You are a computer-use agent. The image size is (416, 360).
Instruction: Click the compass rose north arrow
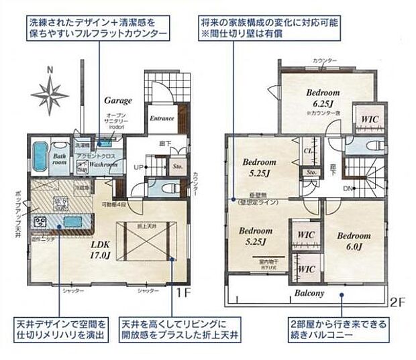pos(50,93)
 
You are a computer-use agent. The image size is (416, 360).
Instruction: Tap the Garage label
pos(117,101)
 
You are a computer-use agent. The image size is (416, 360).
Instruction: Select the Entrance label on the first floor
pos(162,119)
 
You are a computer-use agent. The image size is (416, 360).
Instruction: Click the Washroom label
pos(102,163)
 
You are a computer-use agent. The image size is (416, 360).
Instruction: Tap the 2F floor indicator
pos(397,302)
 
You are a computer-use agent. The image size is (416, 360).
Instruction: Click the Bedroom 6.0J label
pos(354,241)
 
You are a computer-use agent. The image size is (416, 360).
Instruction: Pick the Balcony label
pos(309,293)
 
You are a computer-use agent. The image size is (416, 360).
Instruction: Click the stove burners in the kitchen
pos(41,221)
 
